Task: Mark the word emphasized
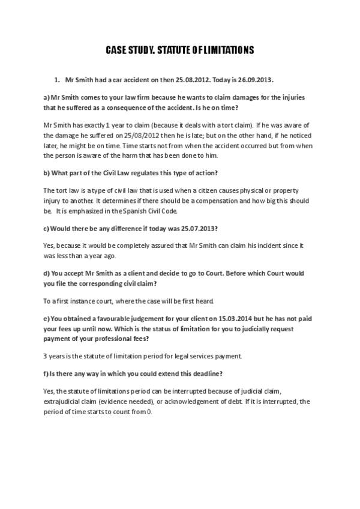tap(85, 212)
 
